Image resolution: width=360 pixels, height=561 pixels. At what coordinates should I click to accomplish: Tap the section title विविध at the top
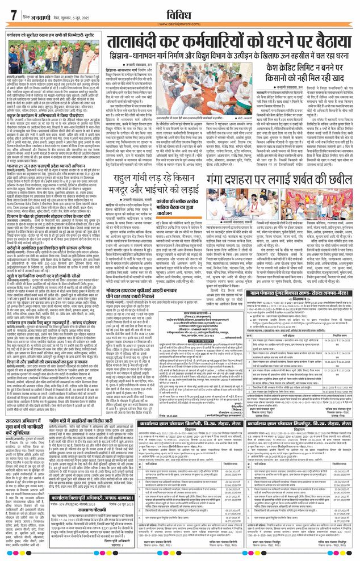(x=180, y=11)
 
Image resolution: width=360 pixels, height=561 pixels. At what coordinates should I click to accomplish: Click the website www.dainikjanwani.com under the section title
(x=180, y=24)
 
